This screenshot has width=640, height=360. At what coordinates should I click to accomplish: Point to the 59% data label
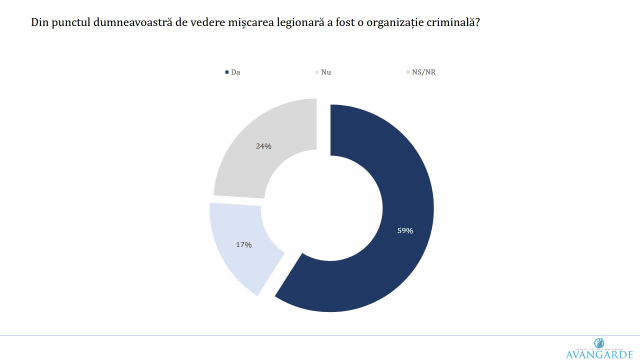click(405, 231)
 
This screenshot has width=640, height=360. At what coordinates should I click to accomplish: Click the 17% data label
click(243, 245)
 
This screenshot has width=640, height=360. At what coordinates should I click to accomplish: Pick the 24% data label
click(263, 146)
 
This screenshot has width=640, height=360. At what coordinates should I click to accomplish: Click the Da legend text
click(235, 72)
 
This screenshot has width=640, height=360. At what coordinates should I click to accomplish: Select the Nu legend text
click(326, 72)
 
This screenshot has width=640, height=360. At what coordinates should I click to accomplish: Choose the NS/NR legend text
click(423, 72)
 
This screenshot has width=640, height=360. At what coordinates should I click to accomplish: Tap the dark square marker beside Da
click(227, 72)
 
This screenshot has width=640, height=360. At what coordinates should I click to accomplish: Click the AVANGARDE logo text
click(599, 354)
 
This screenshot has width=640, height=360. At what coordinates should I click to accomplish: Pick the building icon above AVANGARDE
click(599, 343)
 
